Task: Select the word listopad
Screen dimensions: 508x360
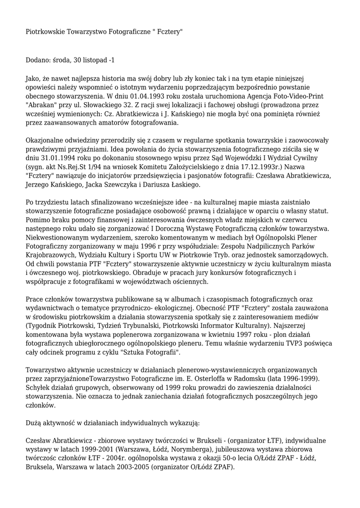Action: coord(94,60)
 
